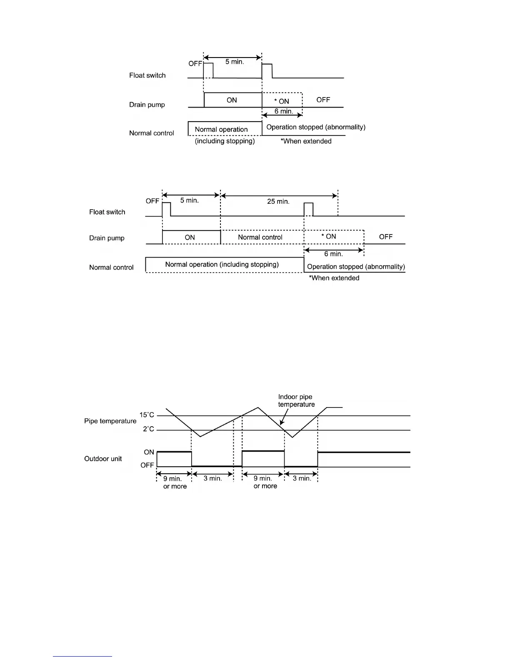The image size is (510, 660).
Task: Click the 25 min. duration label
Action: pyautogui.click(x=278, y=202)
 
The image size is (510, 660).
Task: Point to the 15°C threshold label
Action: pyautogui.click(x=147, y=415)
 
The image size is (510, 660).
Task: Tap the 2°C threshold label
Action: pyautogui.click(x=148, y=429)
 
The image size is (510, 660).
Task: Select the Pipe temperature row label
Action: pyautogui.click(x=110, y=421)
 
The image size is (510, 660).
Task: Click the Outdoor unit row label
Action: pyautogui.click(x=103, y=459)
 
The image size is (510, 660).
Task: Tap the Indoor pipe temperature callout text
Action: pyautogui.click(x=296, y=401)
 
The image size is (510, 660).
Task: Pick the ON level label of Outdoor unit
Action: pyautogui.click(x=149, y=452)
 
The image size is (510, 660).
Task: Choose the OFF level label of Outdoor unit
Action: pyautogui.click(x=147, y=465)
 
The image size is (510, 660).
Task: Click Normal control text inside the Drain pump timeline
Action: pyautogui.click(x=260, y=237)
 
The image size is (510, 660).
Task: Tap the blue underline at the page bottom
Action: pyautogui.click(x=82, y=656)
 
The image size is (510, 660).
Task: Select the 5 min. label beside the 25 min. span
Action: pyautogui.click(x=189, y=200)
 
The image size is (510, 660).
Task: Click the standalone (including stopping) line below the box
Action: pyautogui.click(x=225, y=141)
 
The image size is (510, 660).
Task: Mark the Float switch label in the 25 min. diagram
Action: pyautogui.click(x=107, y=212)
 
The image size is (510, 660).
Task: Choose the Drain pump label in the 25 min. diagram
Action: pyautogui.click(x=107, y=238)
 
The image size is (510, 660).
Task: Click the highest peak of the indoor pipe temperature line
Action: pyautogui.click(x=258, y=407)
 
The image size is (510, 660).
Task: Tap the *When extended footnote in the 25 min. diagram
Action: pyautogui.click(x=334, y=278)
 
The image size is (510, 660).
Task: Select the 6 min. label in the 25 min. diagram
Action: pyautogui.click(x=333, y=254)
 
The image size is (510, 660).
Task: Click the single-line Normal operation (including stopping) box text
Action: pyautogui.click(x=222, y=265)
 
